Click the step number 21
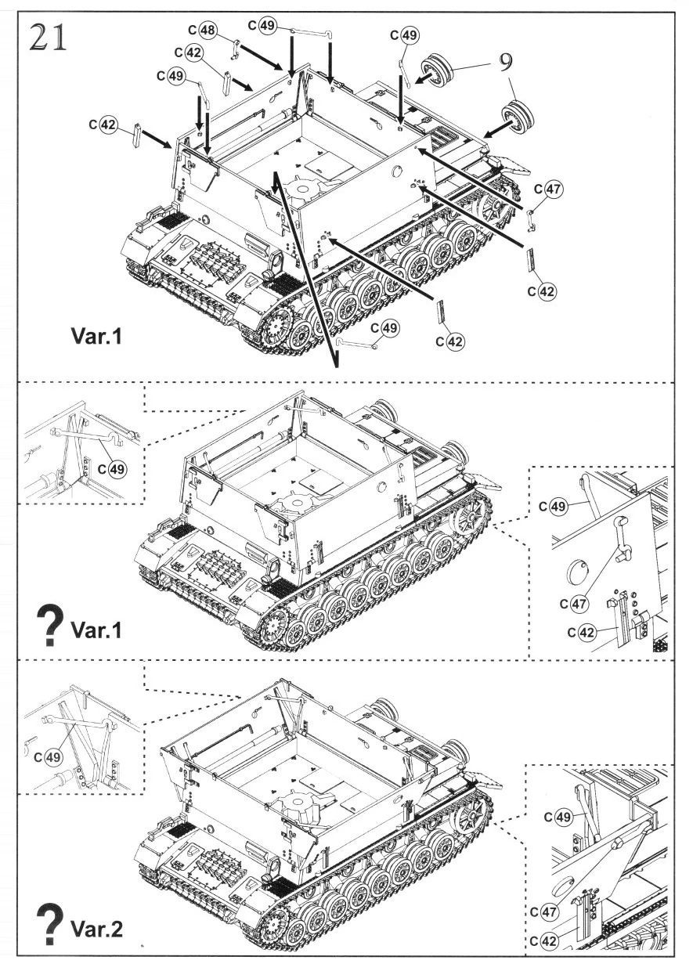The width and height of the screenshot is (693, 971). point(48,38)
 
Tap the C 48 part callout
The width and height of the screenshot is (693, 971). point(202,30)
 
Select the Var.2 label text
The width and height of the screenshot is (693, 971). point(96,928)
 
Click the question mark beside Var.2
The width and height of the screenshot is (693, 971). point(50,921)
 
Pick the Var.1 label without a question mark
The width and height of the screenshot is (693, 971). point(96,336)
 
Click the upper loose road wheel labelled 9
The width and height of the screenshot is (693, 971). point(435,67)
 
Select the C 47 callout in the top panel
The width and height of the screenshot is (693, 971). point(549,190)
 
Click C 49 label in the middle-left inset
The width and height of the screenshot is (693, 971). point(112,469)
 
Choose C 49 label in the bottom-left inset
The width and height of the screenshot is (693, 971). point(49,757)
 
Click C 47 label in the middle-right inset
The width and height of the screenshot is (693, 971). point(574,604)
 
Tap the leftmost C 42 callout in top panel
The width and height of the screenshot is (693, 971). point(103,125)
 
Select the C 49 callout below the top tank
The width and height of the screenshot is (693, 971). point(385,327)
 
